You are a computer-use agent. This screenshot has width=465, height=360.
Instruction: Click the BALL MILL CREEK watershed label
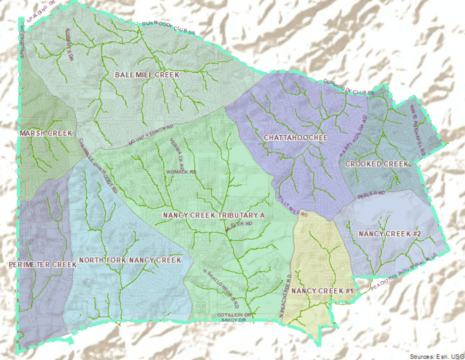point(146,75)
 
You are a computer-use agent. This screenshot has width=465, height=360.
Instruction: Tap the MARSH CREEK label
point(46,134)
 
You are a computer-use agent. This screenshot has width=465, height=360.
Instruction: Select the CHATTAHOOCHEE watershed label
point(295,138)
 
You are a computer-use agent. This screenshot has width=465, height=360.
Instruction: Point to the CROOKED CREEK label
point(377,164)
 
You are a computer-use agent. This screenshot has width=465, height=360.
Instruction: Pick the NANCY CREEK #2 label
point(389,234)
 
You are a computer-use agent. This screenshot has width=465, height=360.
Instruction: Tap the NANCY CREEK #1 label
point(321,291)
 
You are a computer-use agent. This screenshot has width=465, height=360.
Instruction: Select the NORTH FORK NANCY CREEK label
point(130,260)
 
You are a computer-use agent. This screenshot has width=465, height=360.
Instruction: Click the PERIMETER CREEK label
point(43,265)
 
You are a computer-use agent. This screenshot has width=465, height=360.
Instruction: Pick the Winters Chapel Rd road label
point(418,127)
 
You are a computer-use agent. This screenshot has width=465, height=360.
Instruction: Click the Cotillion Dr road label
point(235,314)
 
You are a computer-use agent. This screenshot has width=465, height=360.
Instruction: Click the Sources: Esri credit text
point(436,356)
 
